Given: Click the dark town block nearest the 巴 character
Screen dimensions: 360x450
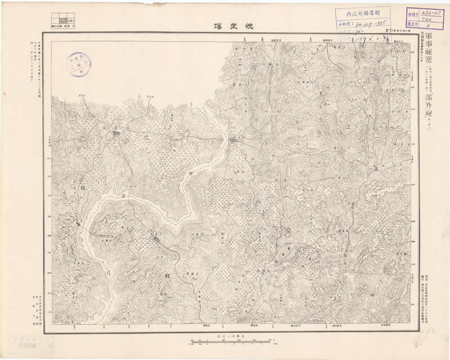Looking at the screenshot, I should (x=116, y=134).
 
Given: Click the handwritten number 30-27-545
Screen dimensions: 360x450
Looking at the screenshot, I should (x=370, y=24).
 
